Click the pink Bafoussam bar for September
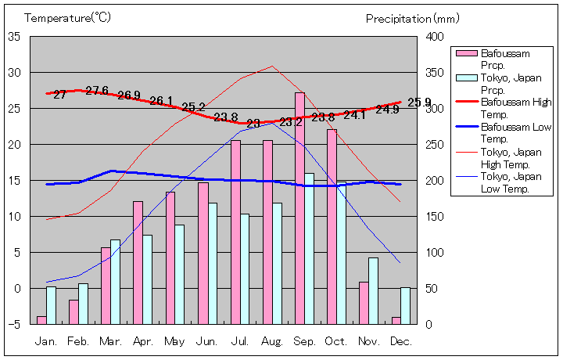[x=299, y=208]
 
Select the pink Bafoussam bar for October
[x=332, y=226]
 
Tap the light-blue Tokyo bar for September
[x=309, y=248]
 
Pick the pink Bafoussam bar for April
[x=138, y=262]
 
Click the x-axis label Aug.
[x=272, y=341]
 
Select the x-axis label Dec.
[x=400, y=341]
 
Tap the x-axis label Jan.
[x=47, y=341]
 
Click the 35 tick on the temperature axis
[x=14, y=37]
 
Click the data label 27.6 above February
[x=97, y=91]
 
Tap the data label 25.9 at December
[x=419, y=103]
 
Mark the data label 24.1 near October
[x=355, y=115]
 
